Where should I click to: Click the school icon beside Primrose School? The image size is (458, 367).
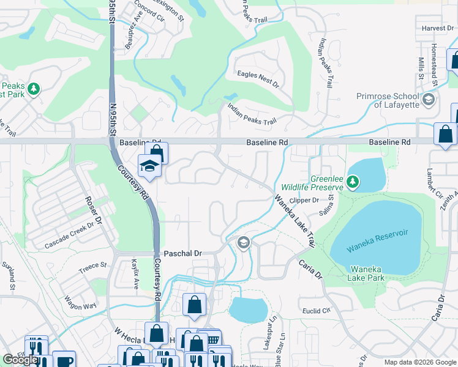[x=429, y=98]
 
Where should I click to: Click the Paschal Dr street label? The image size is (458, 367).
[x=182, y=253]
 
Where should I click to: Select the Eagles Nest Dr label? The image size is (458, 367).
[x=258, y=80]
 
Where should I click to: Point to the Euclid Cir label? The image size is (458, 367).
[x=317, y=311]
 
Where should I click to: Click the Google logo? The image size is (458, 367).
[x=20, y=360]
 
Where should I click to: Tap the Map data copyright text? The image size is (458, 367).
[x=420, y=362]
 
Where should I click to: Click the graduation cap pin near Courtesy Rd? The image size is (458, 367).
[x=149, y=165]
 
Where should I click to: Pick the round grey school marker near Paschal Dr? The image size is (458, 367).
[x=243, y=243]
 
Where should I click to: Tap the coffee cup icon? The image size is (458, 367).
[x=64, y=360]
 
